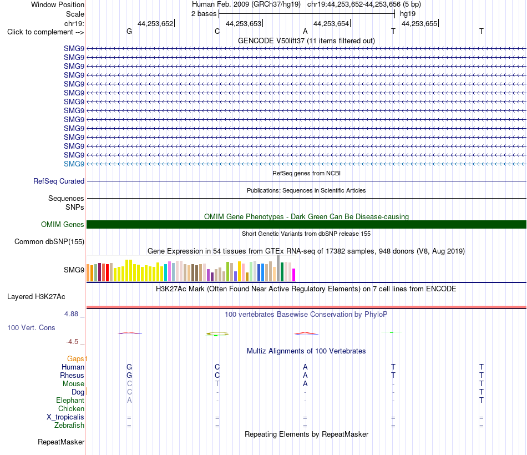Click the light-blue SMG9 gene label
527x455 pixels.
coord(74,164)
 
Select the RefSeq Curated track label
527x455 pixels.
coord(59,181)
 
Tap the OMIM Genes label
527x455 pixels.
coord(63,224)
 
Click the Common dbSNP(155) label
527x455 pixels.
coord(49,242)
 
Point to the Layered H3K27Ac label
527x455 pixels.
coord(36,297)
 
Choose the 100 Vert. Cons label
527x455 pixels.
coord(31,327)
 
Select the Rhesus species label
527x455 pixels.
coord(72,375)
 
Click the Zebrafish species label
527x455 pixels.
coord(69,426)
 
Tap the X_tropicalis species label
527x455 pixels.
coord(65,417)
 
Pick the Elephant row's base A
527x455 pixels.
coord(129,400)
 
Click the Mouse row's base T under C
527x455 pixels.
coord(217,384)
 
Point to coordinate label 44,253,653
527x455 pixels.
coord(244,23)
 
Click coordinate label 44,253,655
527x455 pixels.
coord(419,23)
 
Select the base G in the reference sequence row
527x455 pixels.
coord(129,31)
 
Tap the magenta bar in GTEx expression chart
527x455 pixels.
coord(294,275)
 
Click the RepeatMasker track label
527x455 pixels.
coord(61,442)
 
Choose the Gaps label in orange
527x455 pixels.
coord(75,359)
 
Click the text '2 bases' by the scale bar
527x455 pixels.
coord(204,14)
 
